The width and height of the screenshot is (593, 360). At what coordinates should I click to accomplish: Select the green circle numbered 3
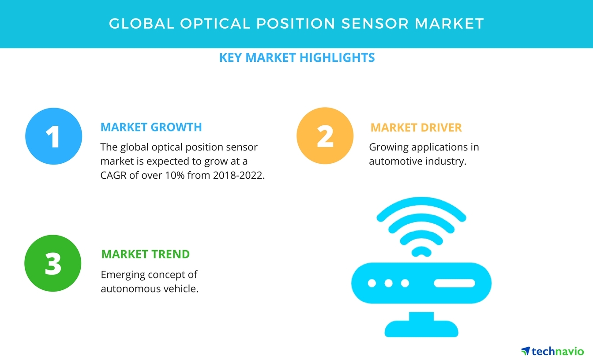(53, 263)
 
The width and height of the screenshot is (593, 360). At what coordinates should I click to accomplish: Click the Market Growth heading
(151, 127)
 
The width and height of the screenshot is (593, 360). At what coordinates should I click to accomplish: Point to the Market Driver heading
(416, 127)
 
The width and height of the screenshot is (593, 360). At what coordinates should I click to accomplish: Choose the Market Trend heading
(145, 254)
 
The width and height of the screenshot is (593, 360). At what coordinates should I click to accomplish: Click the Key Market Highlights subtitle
(296, 57)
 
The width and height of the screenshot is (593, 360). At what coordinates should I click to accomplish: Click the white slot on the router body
(454, 283)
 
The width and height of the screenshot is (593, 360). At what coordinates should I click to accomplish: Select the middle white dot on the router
(388, 283)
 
